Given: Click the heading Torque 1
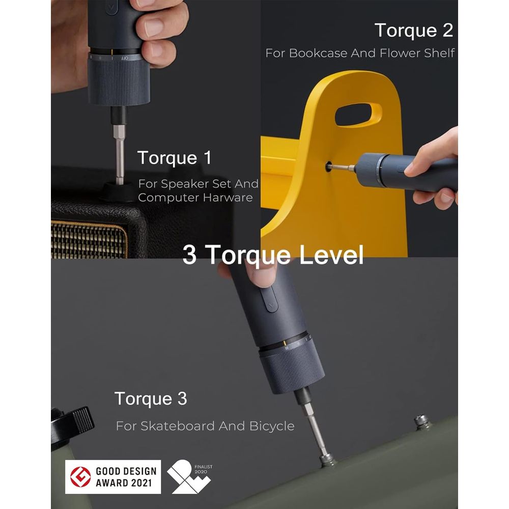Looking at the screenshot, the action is [x=175, y=158].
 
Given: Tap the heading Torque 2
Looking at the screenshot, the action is [x=413, y=31].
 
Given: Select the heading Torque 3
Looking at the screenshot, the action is [x=151, y=399].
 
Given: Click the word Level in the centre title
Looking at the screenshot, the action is [x=331, y=256].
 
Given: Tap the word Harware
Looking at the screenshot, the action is [x=228, y=197].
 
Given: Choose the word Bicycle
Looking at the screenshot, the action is [x=272, y=426].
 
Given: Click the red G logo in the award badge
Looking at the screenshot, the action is [x=80, y=477].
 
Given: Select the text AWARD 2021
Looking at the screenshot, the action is [x=124, y=483].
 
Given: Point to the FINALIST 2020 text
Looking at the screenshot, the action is [x=203, y=469].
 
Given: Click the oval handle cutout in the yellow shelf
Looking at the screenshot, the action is [x=358, y=115].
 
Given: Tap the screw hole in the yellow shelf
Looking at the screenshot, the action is [x=329, y=167].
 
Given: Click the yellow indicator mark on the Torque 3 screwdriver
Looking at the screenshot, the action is [x=285, y=344].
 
